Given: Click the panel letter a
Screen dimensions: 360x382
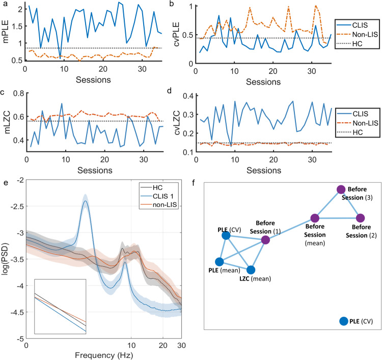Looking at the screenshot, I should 5,4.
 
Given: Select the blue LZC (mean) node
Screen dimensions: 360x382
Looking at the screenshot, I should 251,270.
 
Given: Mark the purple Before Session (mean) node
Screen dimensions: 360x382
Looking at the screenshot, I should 315,217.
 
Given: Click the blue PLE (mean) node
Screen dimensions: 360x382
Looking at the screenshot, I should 219,262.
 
